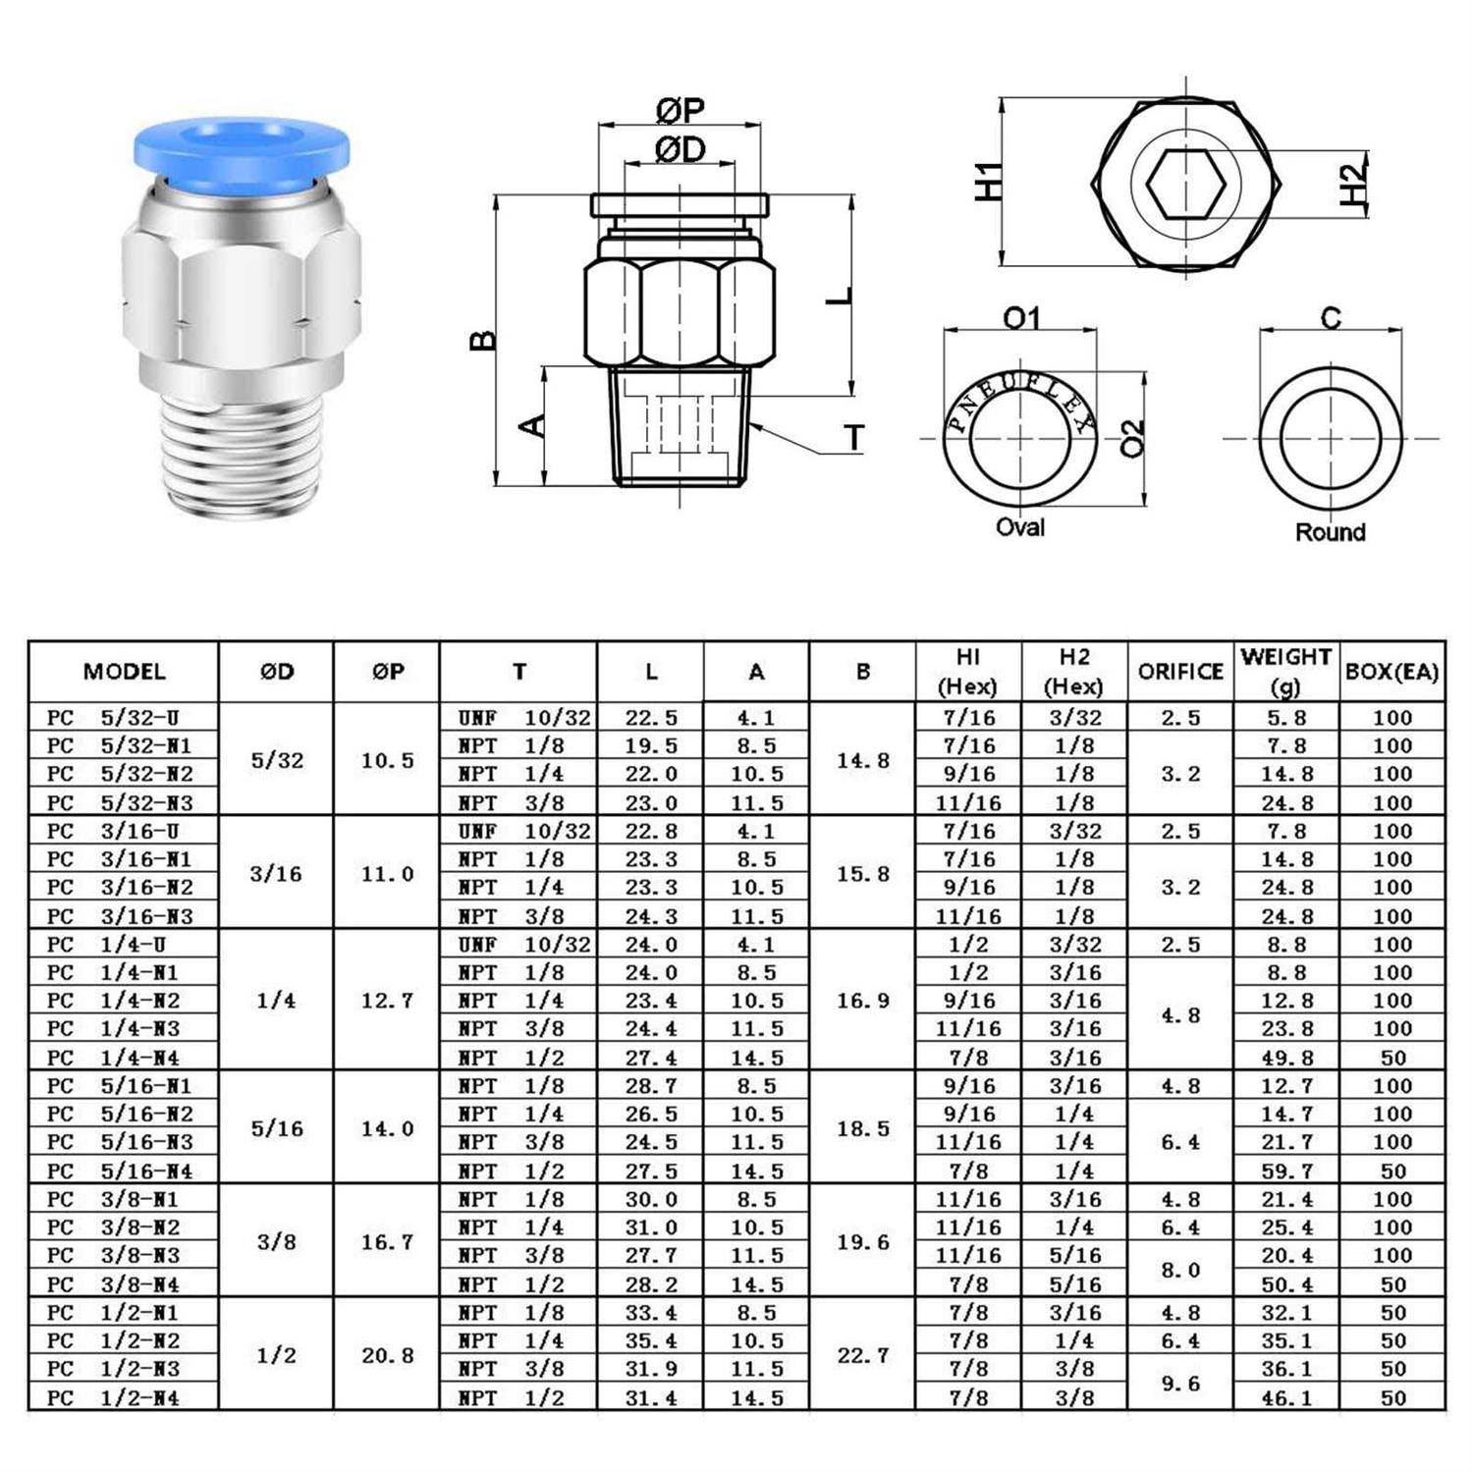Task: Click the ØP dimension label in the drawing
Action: coord(681,111)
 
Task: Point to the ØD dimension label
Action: coord(681,150)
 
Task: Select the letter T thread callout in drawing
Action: coord(854,438)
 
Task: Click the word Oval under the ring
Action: coord(1020,527)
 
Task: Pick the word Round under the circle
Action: coord(1330,532)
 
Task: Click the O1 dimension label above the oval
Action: coord(1021,318)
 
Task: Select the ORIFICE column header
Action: coord(1180,672)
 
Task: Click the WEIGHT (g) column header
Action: coord(1285,671)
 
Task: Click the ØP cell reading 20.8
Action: coord(387,1355)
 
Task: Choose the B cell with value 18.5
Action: coord(863,1128)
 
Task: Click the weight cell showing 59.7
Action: coord(1285,1171)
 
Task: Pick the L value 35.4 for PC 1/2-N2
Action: coord(651,1340)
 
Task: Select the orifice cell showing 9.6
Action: coord(1180,1383)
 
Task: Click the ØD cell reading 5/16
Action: coord(277,1128)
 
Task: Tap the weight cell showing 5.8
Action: coord(1285,718)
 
